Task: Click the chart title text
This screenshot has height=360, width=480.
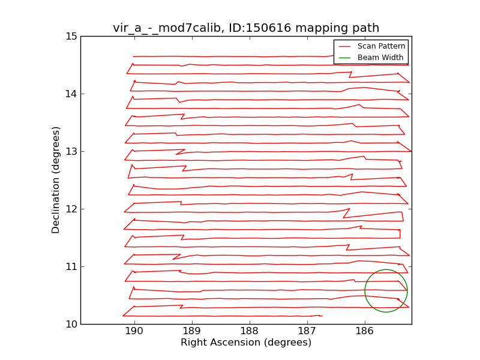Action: [246, 28]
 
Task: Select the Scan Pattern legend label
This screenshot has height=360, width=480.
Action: [381, 46]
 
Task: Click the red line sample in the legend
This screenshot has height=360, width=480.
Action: [344, 46]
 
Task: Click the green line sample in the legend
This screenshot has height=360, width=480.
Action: [344, 58]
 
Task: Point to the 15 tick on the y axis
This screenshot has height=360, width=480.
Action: [71, 36]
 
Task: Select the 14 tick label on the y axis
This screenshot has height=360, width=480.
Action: [71, 94]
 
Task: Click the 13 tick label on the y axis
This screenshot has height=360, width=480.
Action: [71, 151]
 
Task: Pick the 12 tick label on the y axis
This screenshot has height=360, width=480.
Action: [71, 209]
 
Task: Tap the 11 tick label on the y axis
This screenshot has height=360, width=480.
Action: [71, 266]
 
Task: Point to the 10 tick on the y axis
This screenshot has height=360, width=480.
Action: [71, 324]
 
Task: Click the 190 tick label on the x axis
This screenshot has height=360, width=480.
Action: [134, 332]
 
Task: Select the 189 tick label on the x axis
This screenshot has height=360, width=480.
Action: [191, 332]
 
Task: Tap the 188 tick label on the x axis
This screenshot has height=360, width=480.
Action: [249, 332]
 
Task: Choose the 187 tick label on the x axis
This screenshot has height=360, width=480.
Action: [307, 332]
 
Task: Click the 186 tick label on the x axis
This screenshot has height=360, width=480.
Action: [364, 332]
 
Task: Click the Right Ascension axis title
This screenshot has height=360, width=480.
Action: [246, 343]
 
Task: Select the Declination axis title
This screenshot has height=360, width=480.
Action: [56, 180]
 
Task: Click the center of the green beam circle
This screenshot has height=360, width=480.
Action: [386, 291]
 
